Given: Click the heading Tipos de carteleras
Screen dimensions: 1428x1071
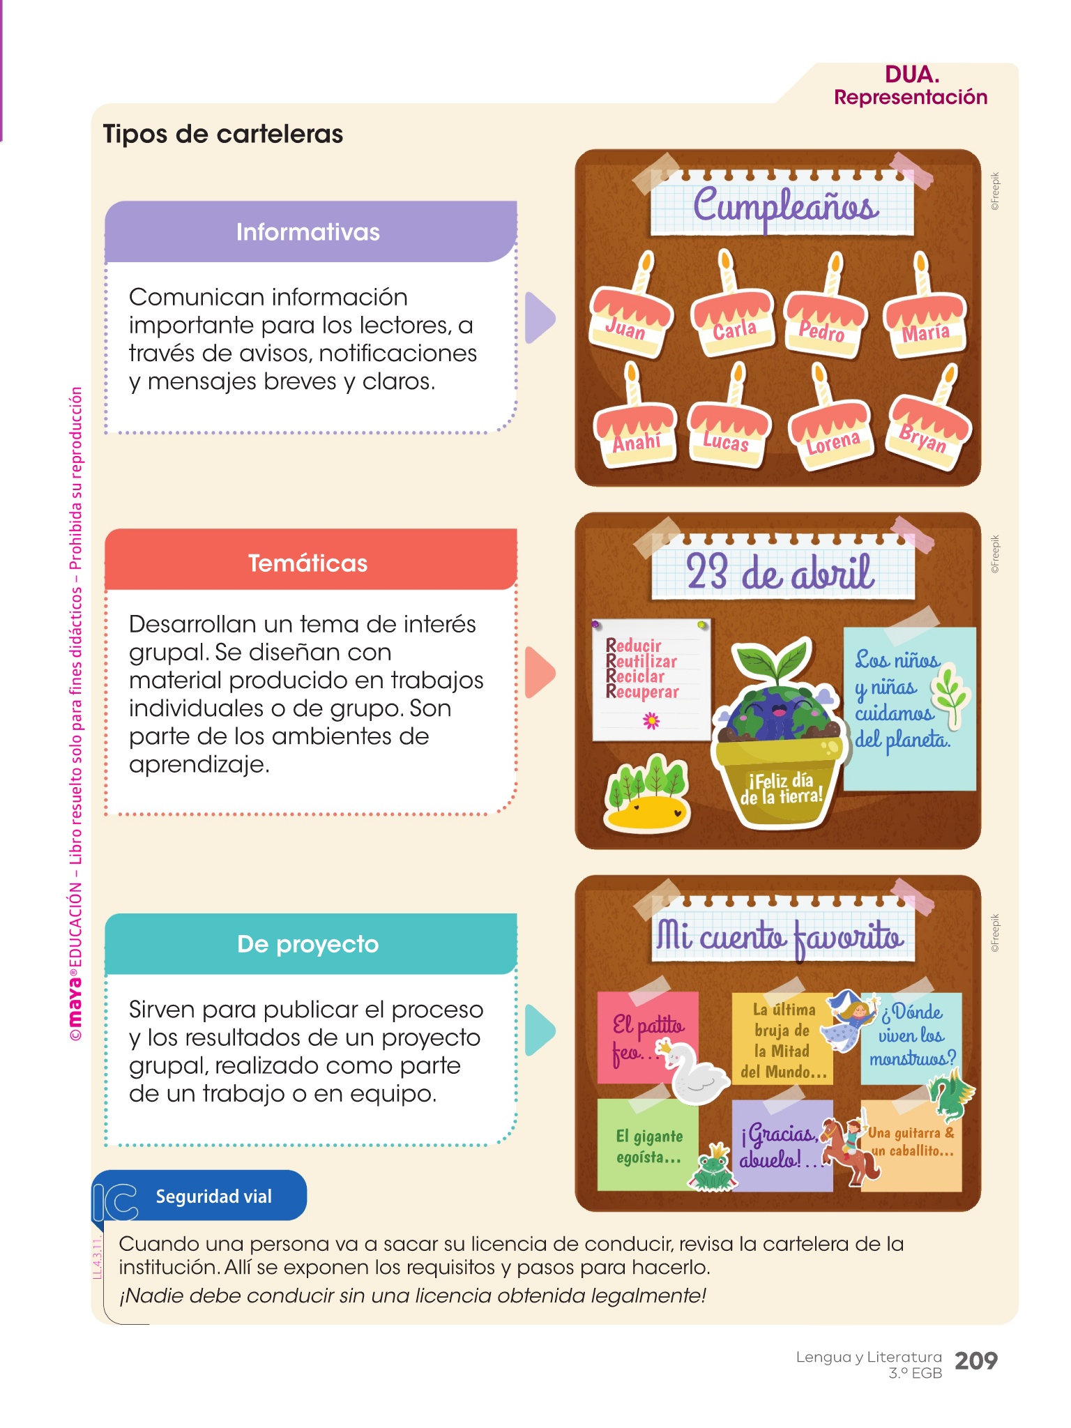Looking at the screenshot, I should pyautogui.click(x=222, y=134).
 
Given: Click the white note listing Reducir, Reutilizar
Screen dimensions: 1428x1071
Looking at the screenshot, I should pyautogui.click(x=650, y=679).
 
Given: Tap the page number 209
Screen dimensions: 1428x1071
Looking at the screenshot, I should pyautogui.click(x=975, y=1360).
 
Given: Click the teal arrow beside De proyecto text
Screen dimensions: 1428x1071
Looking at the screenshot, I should pyautogui.click(x=538, y=1030).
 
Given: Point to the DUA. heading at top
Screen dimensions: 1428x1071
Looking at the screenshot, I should pyautogui.click(x=911, y=74).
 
